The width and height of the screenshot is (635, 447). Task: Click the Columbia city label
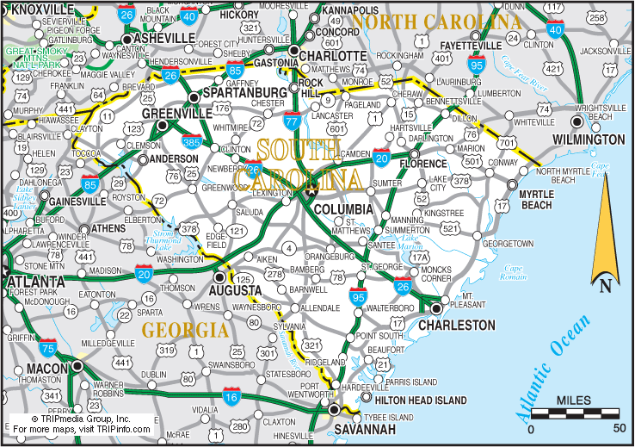342,209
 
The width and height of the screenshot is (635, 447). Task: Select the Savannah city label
366,429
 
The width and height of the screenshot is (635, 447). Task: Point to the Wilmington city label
589,140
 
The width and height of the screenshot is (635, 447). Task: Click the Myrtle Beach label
536,200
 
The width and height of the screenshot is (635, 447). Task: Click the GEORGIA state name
185,330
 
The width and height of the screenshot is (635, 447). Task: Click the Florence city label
422,164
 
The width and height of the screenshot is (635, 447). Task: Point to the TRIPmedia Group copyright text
81,418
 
